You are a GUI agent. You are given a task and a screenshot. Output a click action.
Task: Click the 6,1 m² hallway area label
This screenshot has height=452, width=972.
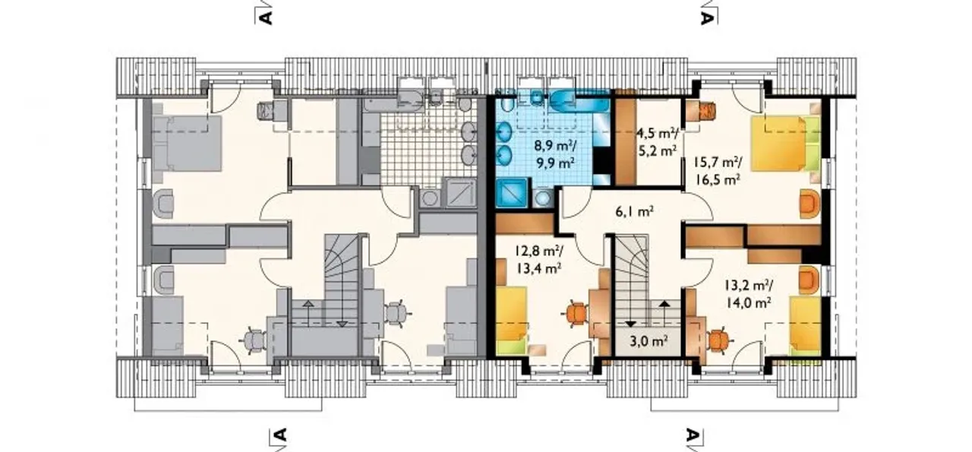tap(634, 212)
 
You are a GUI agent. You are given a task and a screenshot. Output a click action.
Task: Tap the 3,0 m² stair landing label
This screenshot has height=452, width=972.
tap(649, 341)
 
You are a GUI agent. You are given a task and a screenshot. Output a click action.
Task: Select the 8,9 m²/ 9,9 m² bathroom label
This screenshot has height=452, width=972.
tap(555, 154)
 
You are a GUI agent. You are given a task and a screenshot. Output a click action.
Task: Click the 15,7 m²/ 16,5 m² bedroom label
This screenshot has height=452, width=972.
tap(718, 171)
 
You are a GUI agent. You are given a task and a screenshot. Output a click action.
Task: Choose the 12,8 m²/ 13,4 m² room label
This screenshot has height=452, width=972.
tap(538, 260)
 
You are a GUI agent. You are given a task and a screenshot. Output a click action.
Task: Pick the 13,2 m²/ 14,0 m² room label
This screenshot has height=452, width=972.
tap(749, 294)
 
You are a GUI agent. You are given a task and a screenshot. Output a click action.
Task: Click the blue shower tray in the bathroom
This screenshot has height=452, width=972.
tap(512, 194)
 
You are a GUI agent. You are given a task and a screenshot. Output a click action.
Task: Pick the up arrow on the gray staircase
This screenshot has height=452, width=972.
tap(308, 313)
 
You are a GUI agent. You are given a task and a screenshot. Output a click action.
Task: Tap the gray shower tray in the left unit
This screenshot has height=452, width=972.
tap(460, 192)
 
